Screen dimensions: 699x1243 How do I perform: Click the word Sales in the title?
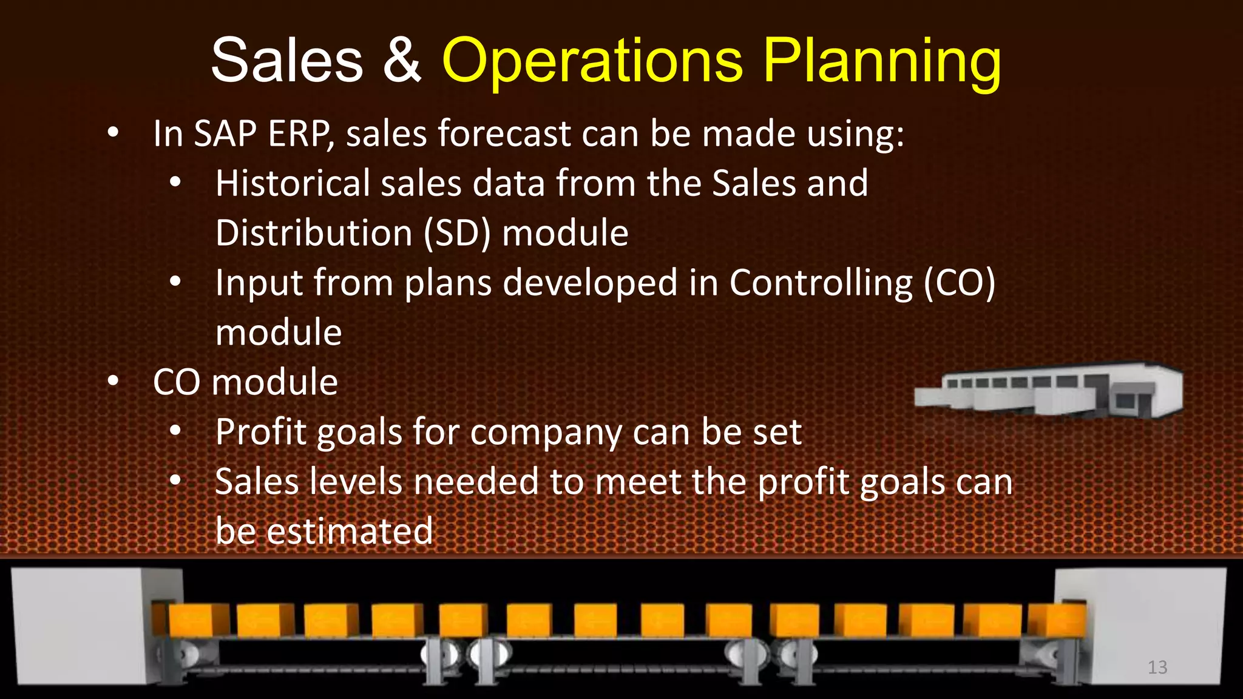[x=286, y=61]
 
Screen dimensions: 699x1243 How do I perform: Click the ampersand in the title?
[x=402, y=61]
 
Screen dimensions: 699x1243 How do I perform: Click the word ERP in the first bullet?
[x=300, y=133]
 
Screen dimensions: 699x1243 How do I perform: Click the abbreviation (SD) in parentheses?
[x=456, y=234]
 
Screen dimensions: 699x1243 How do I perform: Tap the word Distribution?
[x=314, y=234]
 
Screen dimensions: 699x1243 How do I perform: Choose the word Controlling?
[x=821, y=283]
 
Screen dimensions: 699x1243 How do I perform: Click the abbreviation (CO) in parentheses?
[x=960, y=283]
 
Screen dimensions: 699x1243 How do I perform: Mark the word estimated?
[x=350, y=532]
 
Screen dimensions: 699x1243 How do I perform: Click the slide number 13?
[x=1157, y=667]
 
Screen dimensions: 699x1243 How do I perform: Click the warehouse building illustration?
[x=1049, y=391]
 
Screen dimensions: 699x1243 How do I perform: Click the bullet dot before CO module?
[x=113, y=382]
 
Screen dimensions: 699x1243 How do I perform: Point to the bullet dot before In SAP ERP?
[x=113, y=133]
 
